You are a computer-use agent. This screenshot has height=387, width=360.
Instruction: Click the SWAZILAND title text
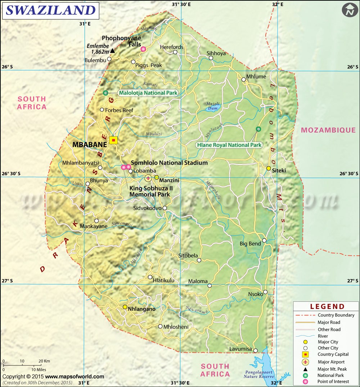tap(50, 10)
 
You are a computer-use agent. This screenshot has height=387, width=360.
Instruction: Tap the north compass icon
tap(348, 10)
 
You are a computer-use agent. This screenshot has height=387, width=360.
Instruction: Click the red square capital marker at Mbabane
tap(113, 140)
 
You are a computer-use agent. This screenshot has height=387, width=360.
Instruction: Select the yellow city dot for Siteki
tap(269, 168)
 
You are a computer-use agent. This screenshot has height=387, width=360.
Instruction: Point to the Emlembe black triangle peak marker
tap(112, 51)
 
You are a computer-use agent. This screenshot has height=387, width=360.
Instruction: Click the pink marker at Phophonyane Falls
tap(143, 49)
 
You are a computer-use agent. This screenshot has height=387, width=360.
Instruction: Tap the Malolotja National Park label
tap(148, 93)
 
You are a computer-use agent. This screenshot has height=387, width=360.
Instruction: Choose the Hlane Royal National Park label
tap(229, 145)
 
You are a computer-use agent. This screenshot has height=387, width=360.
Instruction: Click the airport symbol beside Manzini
tap(148, 178)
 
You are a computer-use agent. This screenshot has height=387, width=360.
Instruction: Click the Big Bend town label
tap(250, 244)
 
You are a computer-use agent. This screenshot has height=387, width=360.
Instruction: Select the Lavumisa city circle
tap(255, 351)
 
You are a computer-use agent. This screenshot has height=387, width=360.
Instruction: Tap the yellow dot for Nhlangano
tap(125, 307)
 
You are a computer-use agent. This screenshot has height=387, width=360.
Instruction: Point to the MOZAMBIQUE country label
tap(328, 130)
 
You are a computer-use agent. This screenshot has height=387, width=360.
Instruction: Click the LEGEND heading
tap(327, 307)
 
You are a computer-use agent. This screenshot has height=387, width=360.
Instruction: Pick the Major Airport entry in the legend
tap(331, 362)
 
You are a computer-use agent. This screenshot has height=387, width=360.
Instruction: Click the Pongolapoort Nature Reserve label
tap(261, 374)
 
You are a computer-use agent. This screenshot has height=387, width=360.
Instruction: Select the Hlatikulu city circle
tap(150, 277)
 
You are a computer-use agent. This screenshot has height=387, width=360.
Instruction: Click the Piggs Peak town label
tap(149, 65)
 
